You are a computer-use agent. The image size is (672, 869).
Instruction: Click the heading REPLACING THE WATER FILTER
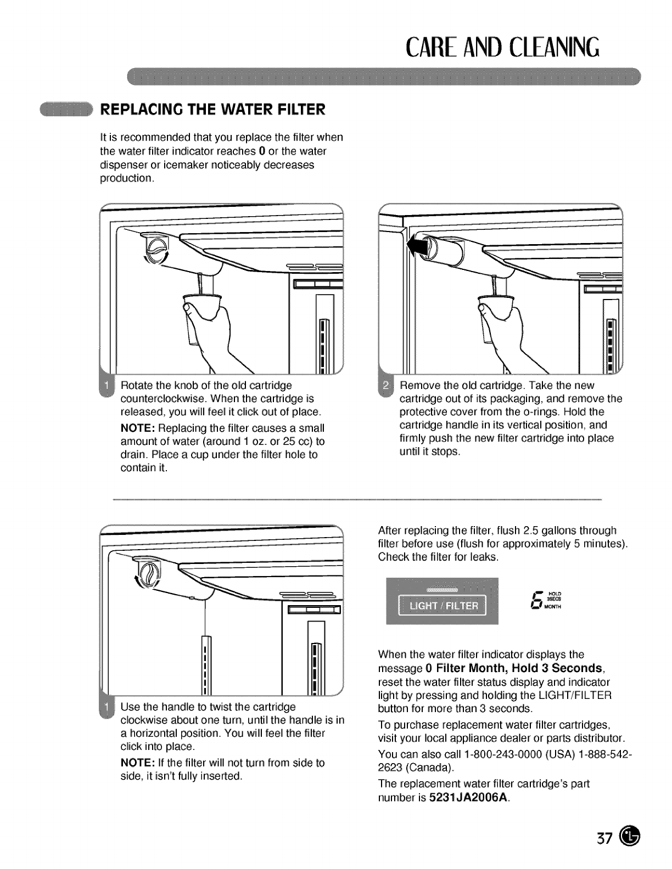(x=212, y=110)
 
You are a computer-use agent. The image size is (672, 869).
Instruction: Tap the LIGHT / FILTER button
(x=441, y=606)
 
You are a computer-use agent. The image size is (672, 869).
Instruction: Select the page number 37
(x=604, y=839)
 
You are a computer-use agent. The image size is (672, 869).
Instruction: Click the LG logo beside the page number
(x=629, y=837)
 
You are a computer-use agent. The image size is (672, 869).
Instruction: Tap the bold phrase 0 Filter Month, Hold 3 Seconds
(x=514, y=668)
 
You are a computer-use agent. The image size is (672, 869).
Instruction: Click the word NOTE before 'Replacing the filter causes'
(x=137, y=428)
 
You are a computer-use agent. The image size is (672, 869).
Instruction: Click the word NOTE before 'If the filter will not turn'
(x=137, y=763)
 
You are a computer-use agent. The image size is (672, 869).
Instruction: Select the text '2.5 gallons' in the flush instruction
(x=544, y=531)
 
